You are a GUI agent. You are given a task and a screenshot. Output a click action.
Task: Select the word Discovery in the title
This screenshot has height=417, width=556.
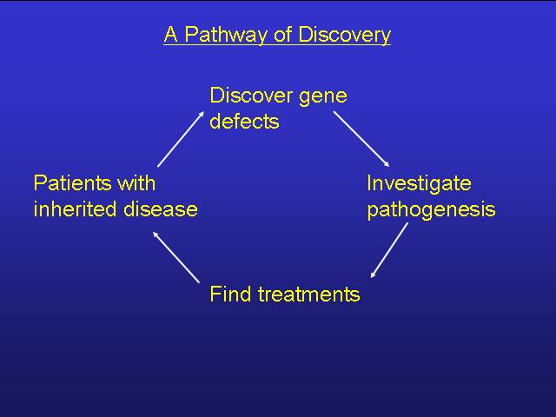(x=344, y=35)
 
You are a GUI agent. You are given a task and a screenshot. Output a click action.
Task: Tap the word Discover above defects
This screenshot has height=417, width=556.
(x=251, y=96)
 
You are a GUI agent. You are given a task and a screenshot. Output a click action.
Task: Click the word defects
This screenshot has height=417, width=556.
(x=244, y=121)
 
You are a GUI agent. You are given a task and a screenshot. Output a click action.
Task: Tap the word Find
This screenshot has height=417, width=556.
(x=230, y=294)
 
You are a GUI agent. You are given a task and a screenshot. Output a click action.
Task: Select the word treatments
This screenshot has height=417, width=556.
(x=309, y=295)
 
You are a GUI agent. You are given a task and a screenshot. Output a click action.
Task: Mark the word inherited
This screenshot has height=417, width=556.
(x=76, y=208)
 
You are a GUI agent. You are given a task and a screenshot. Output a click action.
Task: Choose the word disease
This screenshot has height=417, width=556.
(x=161, y=208)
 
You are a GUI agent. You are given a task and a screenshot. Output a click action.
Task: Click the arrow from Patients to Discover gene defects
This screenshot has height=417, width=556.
(x=181, y=139)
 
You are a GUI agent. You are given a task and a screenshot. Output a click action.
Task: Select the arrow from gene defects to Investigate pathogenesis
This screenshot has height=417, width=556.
(x=361, y=139)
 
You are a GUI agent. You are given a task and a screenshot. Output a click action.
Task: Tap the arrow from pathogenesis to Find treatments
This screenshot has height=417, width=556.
(x=389, y=250)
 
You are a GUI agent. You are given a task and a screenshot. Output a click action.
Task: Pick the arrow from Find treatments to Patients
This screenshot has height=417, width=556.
(x=175, y=257)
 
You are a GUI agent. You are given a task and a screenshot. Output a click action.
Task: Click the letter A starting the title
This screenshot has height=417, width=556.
(x=170, y=35)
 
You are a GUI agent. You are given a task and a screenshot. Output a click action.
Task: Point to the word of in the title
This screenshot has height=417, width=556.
(x=283, y=35)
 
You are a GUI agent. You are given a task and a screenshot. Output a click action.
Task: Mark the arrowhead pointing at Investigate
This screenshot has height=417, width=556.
(x=387, y=164)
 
